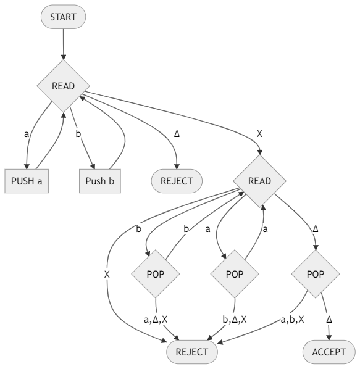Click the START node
(63, 17)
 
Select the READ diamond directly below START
(64, 86)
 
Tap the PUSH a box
(27, 181)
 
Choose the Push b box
(100, 181)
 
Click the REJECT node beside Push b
(177, 181)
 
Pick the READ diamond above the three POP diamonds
(259, 181)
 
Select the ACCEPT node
(329, 352)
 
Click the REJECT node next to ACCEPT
(192, 352)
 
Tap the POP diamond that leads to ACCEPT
(316, 274)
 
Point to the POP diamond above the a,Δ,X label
(156, 274)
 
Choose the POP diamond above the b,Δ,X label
(235, 274)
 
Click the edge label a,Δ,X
(156, 320)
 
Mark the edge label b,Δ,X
(235, 320)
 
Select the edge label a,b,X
(293, 320)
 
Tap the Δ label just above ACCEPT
(329, 320)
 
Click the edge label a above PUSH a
(27, 134)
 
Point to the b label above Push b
(78, 134)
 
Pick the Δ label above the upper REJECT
(177, 134)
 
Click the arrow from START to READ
(64, 44)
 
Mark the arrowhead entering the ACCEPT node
(329, 338)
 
